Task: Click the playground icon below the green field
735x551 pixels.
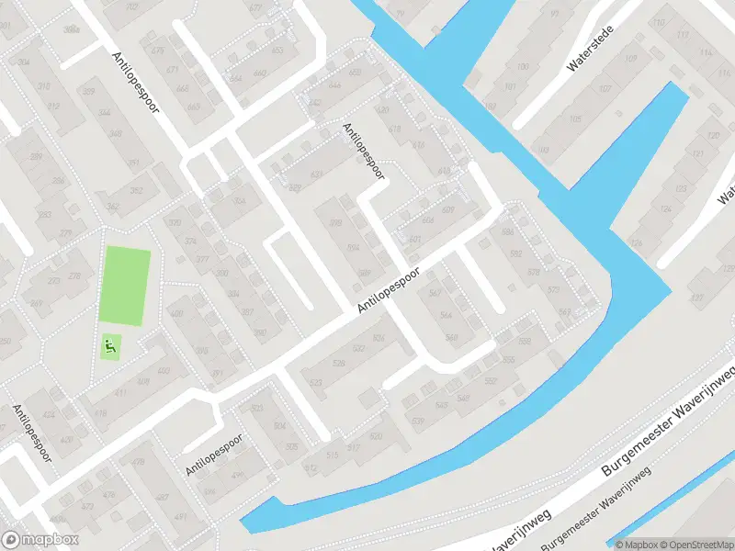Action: [109, 346]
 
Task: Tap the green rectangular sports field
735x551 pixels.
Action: [124, 285]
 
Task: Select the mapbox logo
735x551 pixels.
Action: [40, 540]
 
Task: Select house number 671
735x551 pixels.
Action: [171, 69]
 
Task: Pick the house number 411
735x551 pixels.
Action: [121, 393]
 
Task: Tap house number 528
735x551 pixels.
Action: [338, 364]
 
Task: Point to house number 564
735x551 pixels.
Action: [447, 315]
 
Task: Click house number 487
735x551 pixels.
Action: [163, 497]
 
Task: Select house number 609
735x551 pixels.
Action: [448, 210]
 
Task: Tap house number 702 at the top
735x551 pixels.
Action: [131, 7]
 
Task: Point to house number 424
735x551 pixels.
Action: [50, 413]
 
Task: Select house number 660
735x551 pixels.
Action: [259, 73]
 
